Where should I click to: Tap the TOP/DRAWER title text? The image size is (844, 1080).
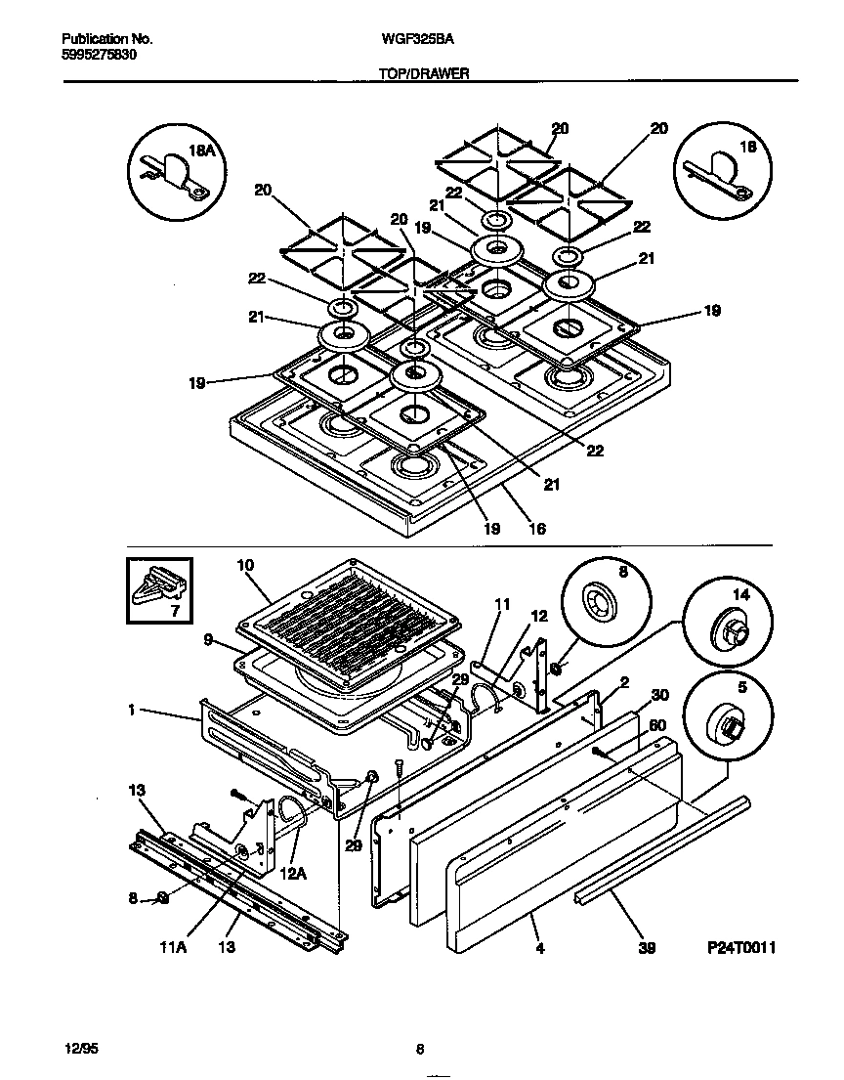[423, 73]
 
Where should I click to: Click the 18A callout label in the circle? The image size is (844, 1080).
[200, 150]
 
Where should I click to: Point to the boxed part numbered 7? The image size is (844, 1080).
[158, 590]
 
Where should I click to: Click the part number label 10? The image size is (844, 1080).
[245, 565]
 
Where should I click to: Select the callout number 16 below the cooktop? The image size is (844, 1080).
[536, 529]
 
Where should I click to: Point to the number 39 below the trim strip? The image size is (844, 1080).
[646, 948]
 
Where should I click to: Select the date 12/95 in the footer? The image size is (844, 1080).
[82, 1049]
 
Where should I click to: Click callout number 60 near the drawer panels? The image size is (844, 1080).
[657, 725]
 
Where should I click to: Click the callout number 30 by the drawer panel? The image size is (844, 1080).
[659, 695]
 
